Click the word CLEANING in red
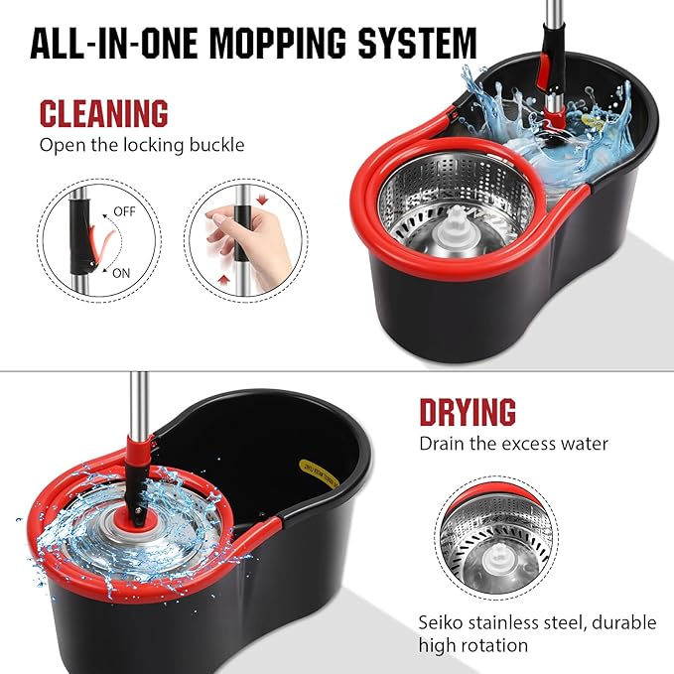(104, 112)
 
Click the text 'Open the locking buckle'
(141, 145)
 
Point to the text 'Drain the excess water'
(513, 443)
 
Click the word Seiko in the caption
(442, 622)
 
